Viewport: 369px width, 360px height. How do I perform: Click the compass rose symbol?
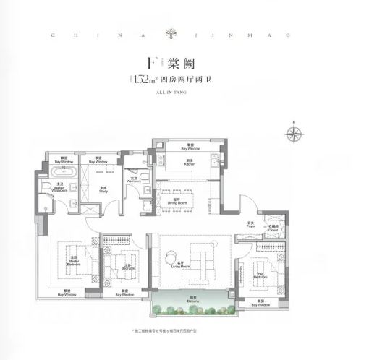tap(294, 133)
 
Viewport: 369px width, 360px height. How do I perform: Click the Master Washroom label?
tap(45, 189)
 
